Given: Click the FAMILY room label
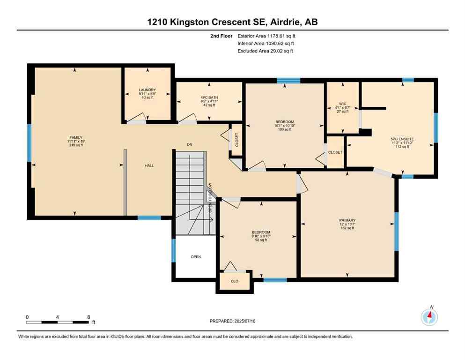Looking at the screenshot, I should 75,137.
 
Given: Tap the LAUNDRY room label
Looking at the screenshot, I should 147,90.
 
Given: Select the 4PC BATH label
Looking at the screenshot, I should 209,97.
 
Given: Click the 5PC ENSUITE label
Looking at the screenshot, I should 402,139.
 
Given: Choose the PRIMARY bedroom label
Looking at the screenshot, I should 347,220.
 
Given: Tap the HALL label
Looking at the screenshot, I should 149,165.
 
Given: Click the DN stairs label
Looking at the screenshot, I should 190,145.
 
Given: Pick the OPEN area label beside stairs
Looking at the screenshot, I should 196,257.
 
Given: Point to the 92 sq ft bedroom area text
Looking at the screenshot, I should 260,240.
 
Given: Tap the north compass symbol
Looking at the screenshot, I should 429,317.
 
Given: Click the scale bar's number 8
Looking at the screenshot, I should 89,317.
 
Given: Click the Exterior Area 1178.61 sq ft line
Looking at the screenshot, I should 266,35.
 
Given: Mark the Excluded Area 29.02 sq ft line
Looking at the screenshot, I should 266,51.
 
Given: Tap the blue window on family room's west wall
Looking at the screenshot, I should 29,142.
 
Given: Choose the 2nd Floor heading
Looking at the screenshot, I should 221,35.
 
